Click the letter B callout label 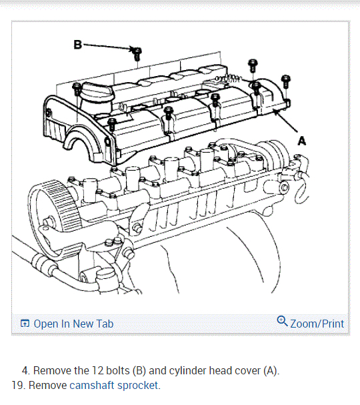coord(78,45)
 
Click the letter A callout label coord(302,141)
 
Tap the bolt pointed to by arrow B coord(137,54)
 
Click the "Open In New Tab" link coord(73,324)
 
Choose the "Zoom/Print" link coord(317,324)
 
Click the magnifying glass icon coord(282,321)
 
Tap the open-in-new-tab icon coord(25,324)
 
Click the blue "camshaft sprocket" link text coord(113,386)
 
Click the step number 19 coord(17,386)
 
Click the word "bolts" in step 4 coord(118,371)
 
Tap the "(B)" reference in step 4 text coord(139,371)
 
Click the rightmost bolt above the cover coord(286,81)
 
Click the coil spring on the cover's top coord(229,78)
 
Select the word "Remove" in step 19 coord(47,386)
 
